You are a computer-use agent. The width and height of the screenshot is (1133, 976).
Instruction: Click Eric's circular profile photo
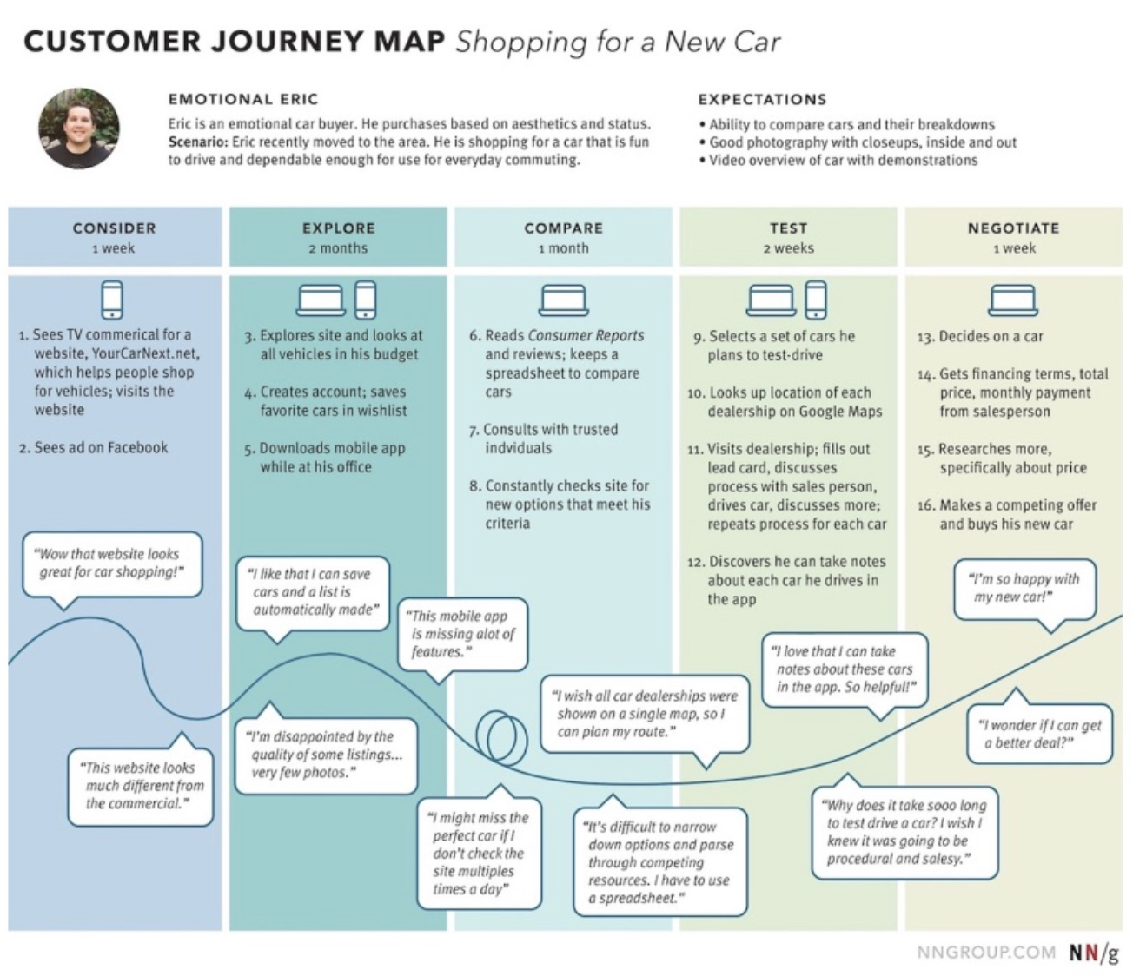click(x=79, y=129)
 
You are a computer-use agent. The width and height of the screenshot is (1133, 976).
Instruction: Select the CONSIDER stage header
click(x=114, y=228)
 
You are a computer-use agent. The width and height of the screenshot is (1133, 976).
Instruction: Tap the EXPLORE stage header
click(x=338, y=228)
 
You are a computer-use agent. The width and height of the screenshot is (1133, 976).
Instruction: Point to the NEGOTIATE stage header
click(x=1013, y=228)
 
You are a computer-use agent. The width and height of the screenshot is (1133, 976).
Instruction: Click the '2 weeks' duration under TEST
click(x=788, y=248)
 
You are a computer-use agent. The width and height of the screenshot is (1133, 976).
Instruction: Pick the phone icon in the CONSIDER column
click(x=112, y=300)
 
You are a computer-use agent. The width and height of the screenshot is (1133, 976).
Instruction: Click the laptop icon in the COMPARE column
click(x=563, y=300)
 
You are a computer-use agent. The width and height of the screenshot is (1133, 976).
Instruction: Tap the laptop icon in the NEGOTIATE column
click(x=1012, y=300)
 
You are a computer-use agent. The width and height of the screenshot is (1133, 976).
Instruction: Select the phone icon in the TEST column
click(x=816, y=300)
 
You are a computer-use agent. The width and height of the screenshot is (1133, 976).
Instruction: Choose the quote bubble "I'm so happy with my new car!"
click(x=1024, y=589)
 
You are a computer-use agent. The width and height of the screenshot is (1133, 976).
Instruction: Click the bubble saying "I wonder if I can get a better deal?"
click(x=1039, y=735)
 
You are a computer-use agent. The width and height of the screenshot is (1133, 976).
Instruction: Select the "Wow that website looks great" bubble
click(x=110, y=564)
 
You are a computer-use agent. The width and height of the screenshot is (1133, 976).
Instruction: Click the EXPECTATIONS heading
click(x=762, y=99)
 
